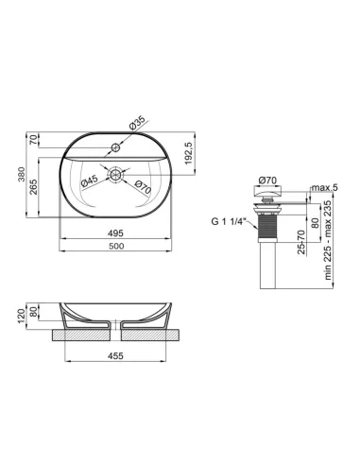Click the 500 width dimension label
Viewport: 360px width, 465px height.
pyautogui.click(x=116, y=246)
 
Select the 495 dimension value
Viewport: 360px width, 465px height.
pyautogui.click(x=115, y=233)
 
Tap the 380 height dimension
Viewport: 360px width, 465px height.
pyautogui.click(x=22, y=175)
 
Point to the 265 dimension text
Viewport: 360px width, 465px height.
pyautogui.click(x=34, y=187)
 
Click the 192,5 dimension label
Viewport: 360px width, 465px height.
pyautogui.click(x=188, y=153)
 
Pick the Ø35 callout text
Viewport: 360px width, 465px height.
pyautogui.click(x=137, y=123)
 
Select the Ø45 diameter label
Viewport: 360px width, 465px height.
pyautogui.click(x=89, y=181)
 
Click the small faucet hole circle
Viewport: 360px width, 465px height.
pyautogui.click(x=116, y=147)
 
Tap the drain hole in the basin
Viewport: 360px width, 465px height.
pyautogui.click(x=115, y=174)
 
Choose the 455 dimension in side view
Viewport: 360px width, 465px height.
pyautogui.click(x=115, y=355)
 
